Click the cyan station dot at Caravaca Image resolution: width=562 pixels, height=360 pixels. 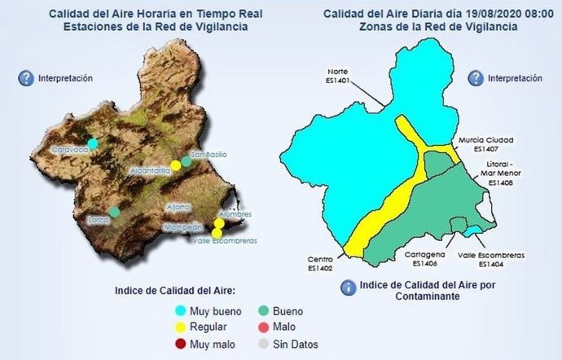click(93, 143)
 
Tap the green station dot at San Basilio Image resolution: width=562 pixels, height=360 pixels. click(187, 161)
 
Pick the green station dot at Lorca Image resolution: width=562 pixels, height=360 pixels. click(115, 212)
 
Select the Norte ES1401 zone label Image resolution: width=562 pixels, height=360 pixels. click(337, 76)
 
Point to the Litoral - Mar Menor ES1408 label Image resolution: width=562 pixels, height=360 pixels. click(498, 173)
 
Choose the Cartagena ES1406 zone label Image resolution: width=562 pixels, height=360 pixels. click(425, 258)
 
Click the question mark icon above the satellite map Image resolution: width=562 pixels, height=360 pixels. click(23, 78)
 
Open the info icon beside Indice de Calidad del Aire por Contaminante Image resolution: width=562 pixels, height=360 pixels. click(348, 287)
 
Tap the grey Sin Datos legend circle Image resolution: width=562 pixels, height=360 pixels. click(262, 343)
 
